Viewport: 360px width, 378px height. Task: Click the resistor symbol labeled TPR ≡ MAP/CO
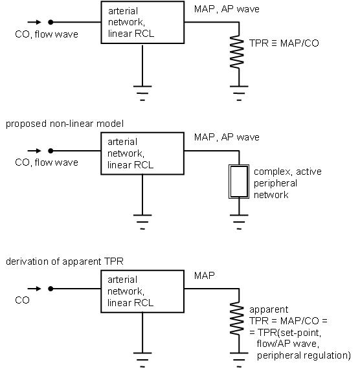pos(237,52)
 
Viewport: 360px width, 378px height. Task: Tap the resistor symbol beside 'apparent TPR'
pos(237,319)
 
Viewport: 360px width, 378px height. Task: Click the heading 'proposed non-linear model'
pos(65,124)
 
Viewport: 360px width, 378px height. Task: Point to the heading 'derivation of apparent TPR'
pos(65,261)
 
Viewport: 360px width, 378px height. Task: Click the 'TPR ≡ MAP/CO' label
pos(284,43)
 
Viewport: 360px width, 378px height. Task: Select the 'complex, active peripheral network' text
pos(287,183)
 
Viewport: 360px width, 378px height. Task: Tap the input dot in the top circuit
pos(51,22)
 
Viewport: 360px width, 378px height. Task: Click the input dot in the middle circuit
pos(51,151)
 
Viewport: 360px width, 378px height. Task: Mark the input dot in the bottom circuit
pos(51,289)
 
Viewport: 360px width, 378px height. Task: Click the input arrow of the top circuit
pos(34,22)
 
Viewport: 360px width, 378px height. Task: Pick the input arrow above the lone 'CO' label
pos(34,289)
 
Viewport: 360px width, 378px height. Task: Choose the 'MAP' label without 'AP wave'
pos(204,276)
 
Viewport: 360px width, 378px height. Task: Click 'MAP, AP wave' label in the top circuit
pos(227,9)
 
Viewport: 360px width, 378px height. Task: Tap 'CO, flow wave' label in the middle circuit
pos(47,162)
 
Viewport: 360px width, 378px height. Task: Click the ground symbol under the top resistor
pos(239,93)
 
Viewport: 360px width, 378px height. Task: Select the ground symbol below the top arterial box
pos(142,93)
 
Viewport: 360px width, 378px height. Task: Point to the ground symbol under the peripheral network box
pos(239,222)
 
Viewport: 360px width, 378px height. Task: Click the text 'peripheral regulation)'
pos(304,355)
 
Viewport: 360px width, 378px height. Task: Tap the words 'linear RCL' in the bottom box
pos(130,303)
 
